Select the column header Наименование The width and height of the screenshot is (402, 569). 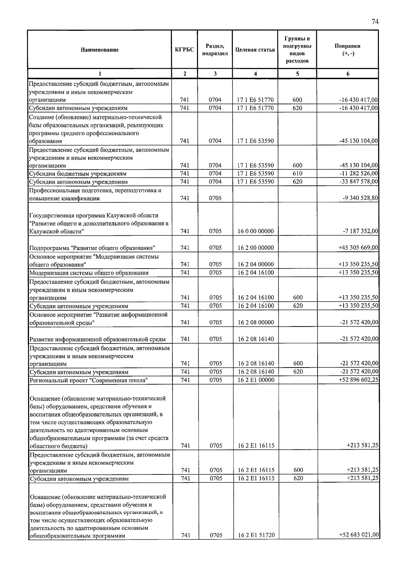[x=99, y=50]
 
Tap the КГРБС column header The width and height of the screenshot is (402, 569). [x=185, y=50]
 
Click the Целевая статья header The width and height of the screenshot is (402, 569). [x=255, y=50]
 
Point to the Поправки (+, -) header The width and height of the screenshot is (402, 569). [x=348, y=50]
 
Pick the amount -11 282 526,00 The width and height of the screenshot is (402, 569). [x=359, y=173]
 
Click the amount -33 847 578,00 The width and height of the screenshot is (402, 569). [x=359, y=181]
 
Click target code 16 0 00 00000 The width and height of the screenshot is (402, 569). [x=256, y=231]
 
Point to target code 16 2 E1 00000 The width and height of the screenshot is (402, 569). [x=256, y=380]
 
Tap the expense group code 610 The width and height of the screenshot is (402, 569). [x=297, y=173]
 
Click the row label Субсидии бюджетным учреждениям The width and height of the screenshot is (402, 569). [x=78, y=174]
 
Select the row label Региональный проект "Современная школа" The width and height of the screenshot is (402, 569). [x=89, y=380]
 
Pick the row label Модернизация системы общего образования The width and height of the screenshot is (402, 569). [x=89, y=273]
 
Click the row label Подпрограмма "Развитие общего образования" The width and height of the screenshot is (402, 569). [x=92, y=248]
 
